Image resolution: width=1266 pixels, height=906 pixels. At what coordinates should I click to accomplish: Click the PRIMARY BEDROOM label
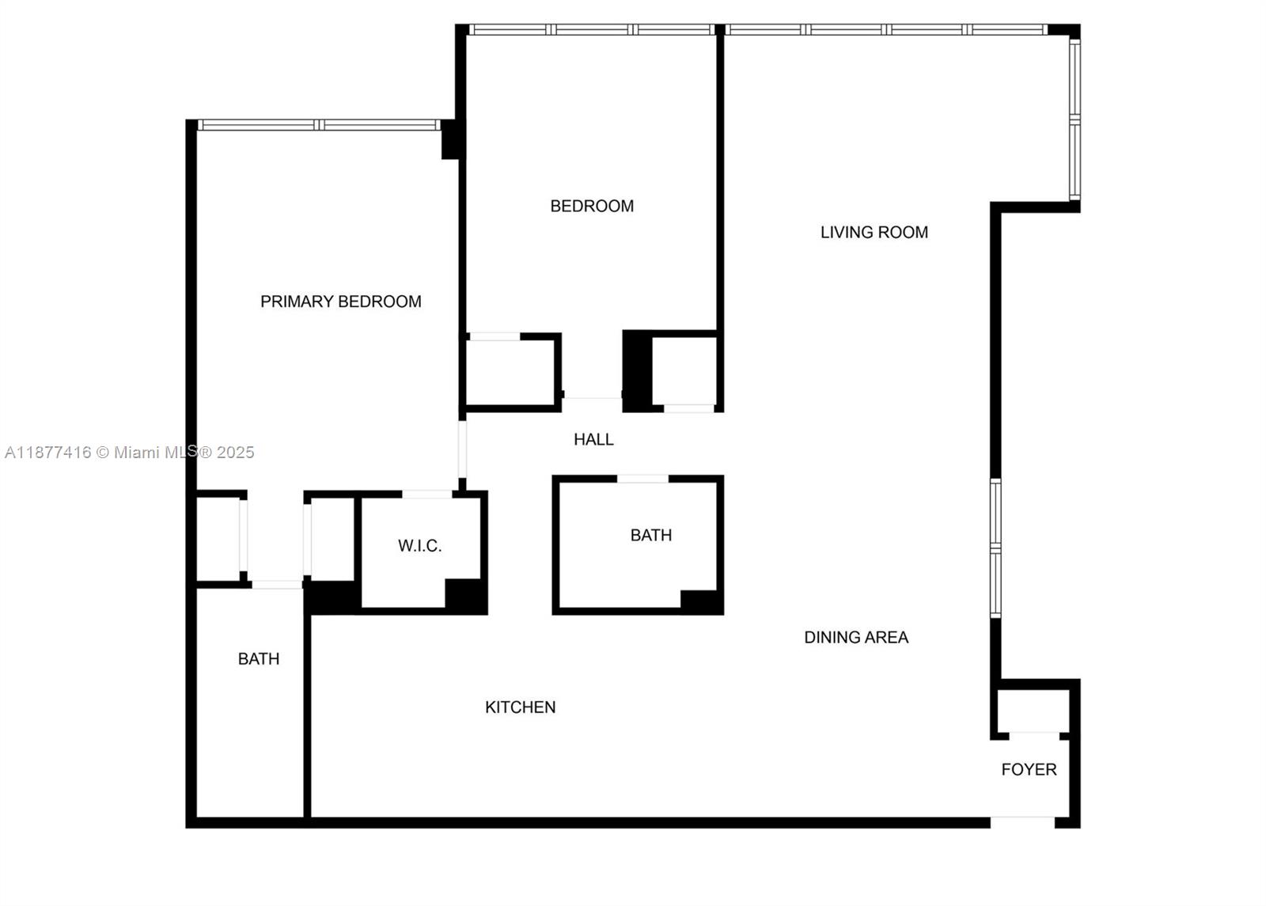[x=340, y=301]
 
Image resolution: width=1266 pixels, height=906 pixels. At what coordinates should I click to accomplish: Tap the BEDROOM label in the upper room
[x=592, y=207]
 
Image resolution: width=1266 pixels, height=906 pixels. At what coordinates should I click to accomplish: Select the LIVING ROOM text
[x=874, y=233]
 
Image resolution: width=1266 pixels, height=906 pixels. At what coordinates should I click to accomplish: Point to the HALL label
[x=593, y=440]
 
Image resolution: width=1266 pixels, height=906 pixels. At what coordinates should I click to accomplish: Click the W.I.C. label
[x=419, y=546]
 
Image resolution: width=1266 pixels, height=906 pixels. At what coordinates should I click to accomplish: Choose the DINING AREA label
[x=856, y=638]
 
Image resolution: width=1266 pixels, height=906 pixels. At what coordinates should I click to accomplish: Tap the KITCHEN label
[x=520, y=707]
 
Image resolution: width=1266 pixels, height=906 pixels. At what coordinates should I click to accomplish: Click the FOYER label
[x=1029, y=770]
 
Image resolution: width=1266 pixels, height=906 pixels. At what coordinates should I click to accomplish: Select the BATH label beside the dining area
[x=650, y=536]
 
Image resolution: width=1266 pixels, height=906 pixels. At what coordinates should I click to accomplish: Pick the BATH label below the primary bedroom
[x=259, y=659]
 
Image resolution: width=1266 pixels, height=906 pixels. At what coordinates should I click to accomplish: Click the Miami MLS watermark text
[x=130, y=453]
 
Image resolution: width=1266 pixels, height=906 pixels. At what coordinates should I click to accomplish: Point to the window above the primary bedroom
[x=319, y=125]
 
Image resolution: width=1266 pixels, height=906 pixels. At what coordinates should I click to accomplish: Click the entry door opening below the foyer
[x=1022, y=822]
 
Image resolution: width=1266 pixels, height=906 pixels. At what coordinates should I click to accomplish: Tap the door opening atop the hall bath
[x=642, y=479]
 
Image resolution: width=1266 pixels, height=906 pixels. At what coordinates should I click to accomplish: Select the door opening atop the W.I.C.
[x=427, y=495]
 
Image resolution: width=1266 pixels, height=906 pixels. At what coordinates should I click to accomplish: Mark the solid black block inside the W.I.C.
[x=464, y=594]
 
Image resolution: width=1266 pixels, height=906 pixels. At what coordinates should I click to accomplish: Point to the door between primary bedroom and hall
[x=463, y=449]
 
